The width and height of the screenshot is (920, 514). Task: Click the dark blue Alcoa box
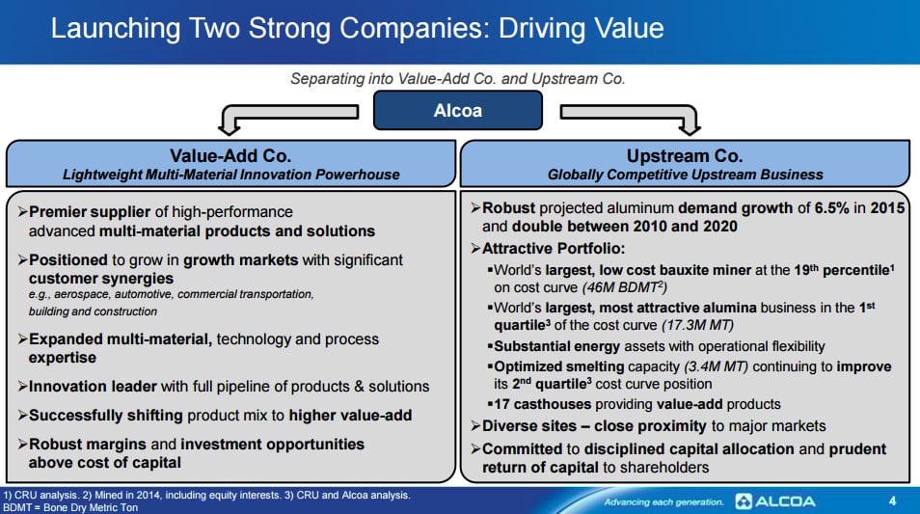click(x=458, y=110)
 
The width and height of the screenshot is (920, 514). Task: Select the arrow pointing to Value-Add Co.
click(x=287, y=113)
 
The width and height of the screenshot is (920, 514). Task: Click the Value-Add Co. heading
click(x=230, y=155)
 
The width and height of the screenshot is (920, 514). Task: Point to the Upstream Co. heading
click(x=685, y=155)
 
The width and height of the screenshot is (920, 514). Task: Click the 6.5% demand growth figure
click(x=831, y=208)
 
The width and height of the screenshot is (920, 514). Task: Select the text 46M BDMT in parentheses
click(x=624, y=287)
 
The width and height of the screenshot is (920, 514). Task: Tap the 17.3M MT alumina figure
click(x=697, y=325)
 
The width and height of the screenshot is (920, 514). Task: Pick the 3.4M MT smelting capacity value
click(x=716, y=366)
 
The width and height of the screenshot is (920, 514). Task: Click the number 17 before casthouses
click(x=501, y=404)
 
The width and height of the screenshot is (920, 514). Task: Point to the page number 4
click(x=892, y=501)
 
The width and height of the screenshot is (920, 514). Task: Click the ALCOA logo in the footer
click(x=775, y=501)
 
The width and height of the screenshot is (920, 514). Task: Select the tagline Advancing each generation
click(x=663, y=502)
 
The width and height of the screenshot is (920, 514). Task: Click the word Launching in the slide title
click(x=116, y=29)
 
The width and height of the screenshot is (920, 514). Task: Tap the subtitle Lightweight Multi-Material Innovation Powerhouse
click(x=231, y=175)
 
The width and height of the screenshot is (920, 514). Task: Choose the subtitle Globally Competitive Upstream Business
click(x=686, y=175)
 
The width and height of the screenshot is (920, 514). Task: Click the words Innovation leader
click(x=93, y=387)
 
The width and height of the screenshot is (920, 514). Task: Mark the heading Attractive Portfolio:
click(x=554, y=249)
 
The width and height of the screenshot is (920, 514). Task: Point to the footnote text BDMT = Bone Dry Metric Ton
click(x=70, y=507)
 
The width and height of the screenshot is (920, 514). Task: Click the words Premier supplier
click(x=90, y=212)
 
